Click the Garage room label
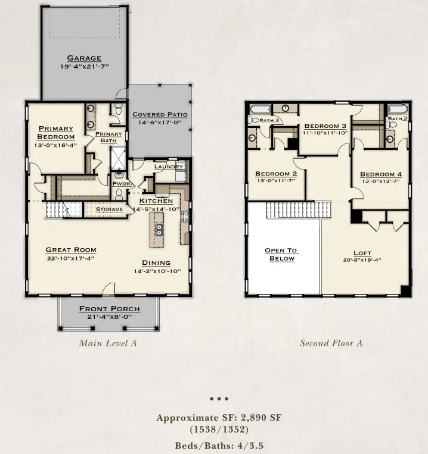pyautogui.click(x=83, y=58)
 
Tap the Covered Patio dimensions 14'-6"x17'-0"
pyautogui.click(x=159, y=122)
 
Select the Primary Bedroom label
pyautogui.click(x=56, y=132)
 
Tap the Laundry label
pyautogui.click(x=168, y=167)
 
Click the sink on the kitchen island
pyautogui.click(x=160, y=229)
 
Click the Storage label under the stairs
pyautogui.click(x=109, y=209)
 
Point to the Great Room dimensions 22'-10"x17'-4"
pyautogui.click(x=71, y=258)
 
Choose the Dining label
pyautogui.click(x=156, y=262)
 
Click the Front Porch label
pyautogui.click(x=110, y=309)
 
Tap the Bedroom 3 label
pyautogui.click(x=325, y=126)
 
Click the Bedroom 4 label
pyautogui.click(x=381, y=174)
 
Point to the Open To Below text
pyautogui.click(x=281, y=254)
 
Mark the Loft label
pyautogui.click(x=362, y=253)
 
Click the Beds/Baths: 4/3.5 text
pyautogui.click(x=219, y=444)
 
